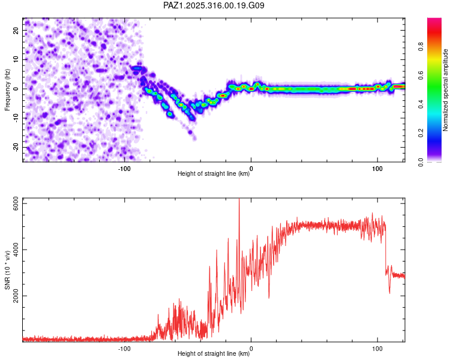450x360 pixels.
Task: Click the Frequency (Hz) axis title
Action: click(x=7, y=89)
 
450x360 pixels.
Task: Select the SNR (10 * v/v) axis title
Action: click(x=7, y=269)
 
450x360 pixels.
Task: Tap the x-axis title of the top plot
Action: click(x=214, y=174)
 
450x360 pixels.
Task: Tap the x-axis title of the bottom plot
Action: click(x=214, y=354)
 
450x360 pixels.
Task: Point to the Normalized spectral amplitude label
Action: click(x=445, y=90)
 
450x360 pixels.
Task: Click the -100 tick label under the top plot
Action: click(x=124, y=167)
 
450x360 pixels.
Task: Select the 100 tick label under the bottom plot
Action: click(x=377, y=347)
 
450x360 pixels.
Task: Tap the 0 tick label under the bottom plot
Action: click(x=251, y=347)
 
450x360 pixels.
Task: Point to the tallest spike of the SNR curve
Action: click(x=239, y=200)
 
